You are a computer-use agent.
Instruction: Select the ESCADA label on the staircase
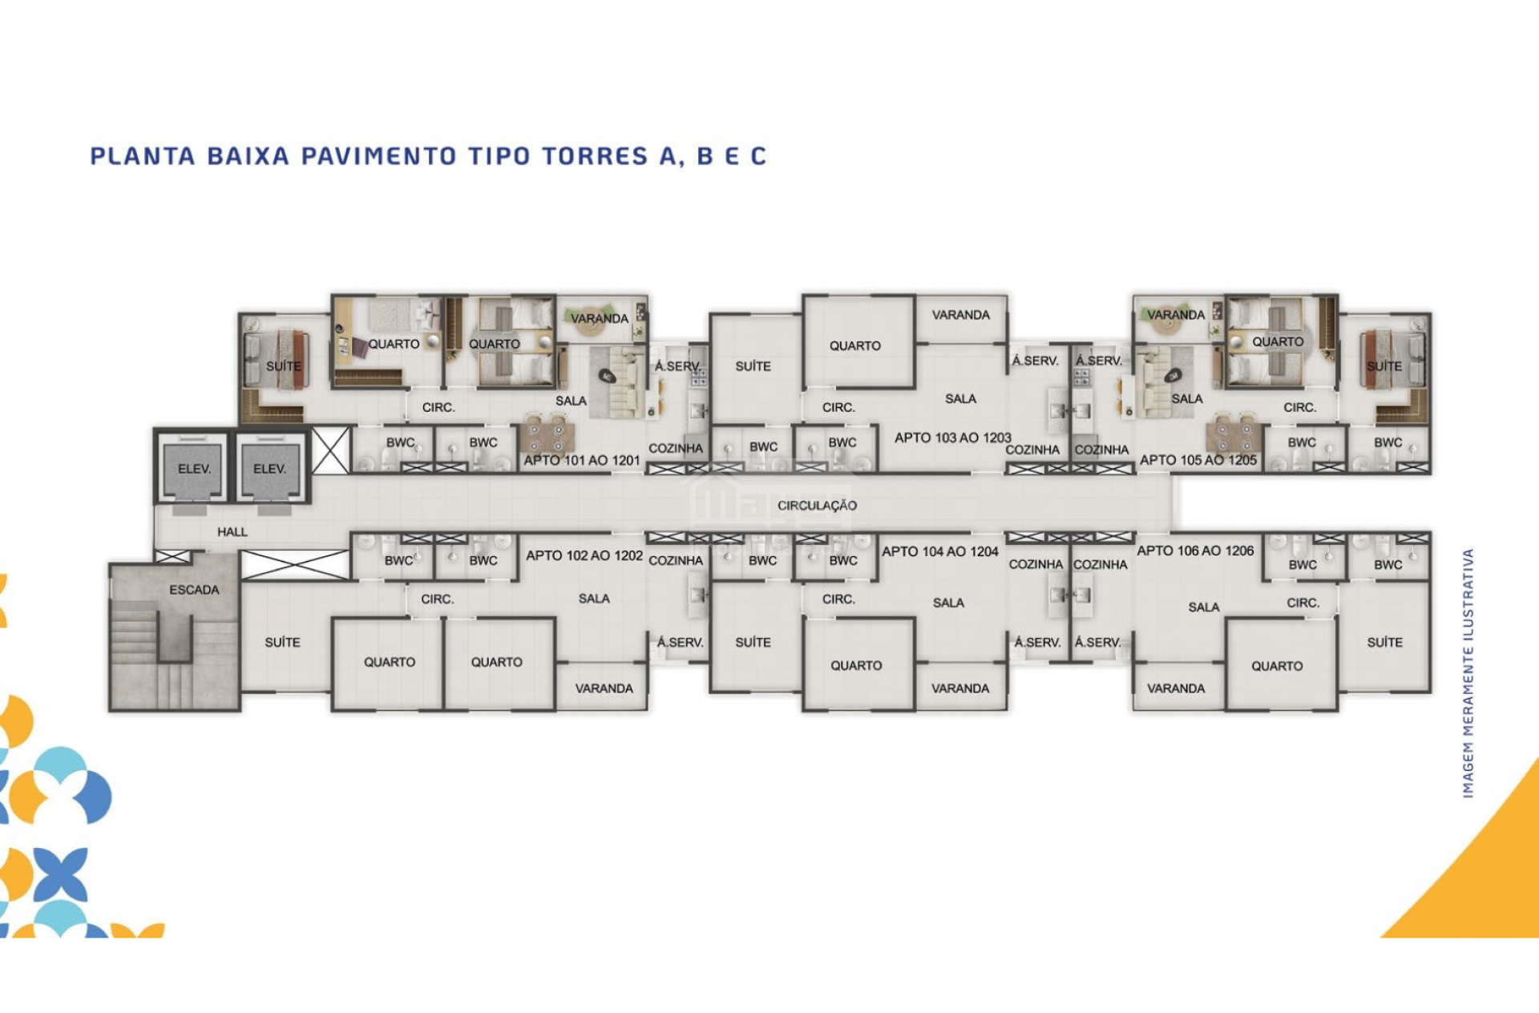click(194, 590)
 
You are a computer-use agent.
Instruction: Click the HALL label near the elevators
click(232, 531)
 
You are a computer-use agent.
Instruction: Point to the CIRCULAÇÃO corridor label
click(817, 506)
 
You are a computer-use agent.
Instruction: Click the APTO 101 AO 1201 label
click(582, 460)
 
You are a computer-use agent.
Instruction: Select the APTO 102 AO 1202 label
click(584, 555)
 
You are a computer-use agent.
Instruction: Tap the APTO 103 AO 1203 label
click(953, 438)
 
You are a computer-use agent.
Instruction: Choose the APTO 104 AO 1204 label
click(940, 551)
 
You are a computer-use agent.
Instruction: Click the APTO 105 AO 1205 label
click(1198, 460)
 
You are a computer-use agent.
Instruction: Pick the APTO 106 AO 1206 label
click(1195, 551)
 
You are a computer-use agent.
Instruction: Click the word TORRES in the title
click(595, 155)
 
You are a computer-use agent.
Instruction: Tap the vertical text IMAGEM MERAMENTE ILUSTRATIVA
click(1468, 673)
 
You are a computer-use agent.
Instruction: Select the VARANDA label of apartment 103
click(960, 315)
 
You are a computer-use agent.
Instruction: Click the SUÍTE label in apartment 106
click(1384, 642)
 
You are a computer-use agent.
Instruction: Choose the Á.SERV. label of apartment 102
click(681, 642)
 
